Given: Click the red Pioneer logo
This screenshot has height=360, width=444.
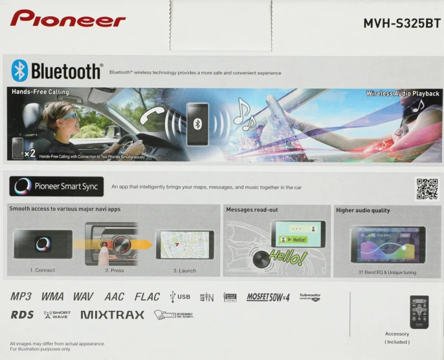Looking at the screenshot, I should coord(67,19).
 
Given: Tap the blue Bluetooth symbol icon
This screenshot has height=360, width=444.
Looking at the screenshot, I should coord(20,70).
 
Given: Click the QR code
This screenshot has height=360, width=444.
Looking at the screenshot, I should coord(427,189).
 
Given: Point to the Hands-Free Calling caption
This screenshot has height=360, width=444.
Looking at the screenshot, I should coord(40,92).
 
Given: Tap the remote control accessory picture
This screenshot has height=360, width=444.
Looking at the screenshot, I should coord(419,312).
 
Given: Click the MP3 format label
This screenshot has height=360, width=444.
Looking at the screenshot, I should coord(21,297).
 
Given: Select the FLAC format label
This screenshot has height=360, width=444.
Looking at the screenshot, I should coord(147,297).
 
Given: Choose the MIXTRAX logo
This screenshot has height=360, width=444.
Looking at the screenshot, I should coord(113,315).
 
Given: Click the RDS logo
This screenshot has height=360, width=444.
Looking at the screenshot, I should coord(22,315).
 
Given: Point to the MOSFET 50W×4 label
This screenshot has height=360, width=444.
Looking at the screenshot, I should coord(267,297).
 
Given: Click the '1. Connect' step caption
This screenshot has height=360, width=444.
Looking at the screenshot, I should coord(42,270).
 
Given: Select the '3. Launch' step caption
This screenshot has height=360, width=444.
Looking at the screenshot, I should coord(184,270).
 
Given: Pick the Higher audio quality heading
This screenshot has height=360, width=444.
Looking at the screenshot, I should coord(363,210).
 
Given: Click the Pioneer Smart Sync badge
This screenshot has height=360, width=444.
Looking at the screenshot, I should coord(56,187).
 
